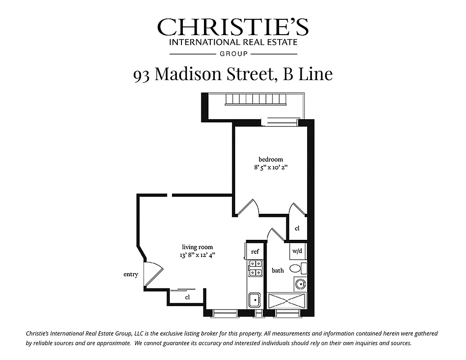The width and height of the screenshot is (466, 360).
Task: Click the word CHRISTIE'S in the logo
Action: pos(233,28)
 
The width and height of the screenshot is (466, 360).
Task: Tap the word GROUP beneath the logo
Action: pos(233,54)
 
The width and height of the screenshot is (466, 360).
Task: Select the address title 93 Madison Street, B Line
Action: pos(233,74)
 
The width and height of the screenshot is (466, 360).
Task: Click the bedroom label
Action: pos(271,159)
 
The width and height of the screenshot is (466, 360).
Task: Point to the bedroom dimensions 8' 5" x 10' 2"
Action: pos(271,167)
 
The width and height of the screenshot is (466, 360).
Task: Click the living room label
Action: pos(197,247)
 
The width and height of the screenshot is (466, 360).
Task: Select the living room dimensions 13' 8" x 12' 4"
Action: pos(197,255)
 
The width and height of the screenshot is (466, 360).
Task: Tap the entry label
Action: pos(131,274)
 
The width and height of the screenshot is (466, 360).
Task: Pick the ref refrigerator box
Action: pos(255,252)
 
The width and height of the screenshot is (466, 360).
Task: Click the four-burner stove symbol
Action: pos(255,268)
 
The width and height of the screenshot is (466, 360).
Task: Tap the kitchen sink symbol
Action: pos(255,299)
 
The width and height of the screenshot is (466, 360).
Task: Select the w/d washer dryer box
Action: pos(297,251)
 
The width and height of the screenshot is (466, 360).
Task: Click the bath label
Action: pos(278,270)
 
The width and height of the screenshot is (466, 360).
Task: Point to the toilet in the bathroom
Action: pos(297,269)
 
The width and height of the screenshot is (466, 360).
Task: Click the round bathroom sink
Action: pos(300,284)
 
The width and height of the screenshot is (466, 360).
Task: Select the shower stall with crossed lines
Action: pos(287,300)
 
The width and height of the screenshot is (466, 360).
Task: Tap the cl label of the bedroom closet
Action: pos(297,229)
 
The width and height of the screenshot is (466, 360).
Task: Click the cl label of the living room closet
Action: pos(187,297)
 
